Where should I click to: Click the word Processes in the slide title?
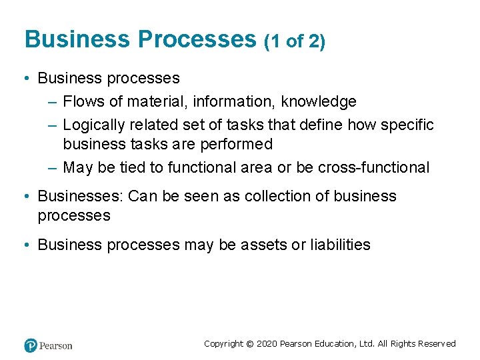tap(197, 40)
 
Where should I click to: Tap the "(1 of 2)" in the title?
tap(295, 42)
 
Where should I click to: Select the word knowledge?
tap(319, 101)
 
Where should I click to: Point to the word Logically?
tap(94, 125)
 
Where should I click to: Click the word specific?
tap(407, 125)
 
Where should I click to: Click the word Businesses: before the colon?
tap(80, 196)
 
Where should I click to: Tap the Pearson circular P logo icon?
tap(31, 345)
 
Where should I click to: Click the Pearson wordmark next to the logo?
tap(56, 345)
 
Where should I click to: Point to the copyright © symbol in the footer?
tap(250, 344)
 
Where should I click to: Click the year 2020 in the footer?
tap(267, 344)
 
